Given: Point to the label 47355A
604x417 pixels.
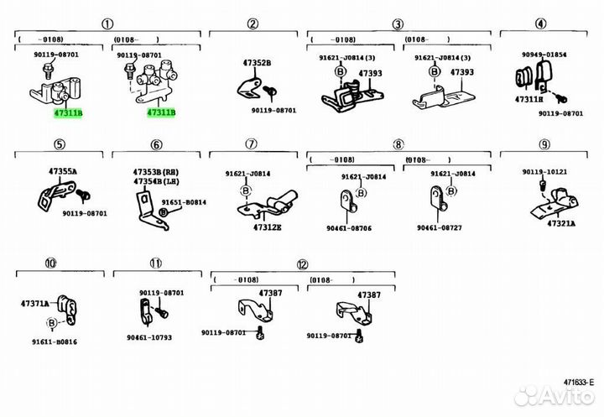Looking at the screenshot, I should [x=61, y=171].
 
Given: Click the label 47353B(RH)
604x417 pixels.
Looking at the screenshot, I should [x=155, y=172].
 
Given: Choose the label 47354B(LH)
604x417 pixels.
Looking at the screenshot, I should [x=155, y=181].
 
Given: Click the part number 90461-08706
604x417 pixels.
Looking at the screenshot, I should [x=347, y=227].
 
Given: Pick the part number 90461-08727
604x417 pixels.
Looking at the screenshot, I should [x=440, y=227].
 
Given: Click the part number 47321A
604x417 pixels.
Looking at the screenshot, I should [x=561, y=224].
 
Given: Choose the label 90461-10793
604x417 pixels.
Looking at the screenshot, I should [x=149, y=338].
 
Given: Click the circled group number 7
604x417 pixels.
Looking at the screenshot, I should [x=250, y=145].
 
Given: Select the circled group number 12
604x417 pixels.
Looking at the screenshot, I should [x=302, y=263].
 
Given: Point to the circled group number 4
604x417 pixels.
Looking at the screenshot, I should [x=541, y=23].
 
